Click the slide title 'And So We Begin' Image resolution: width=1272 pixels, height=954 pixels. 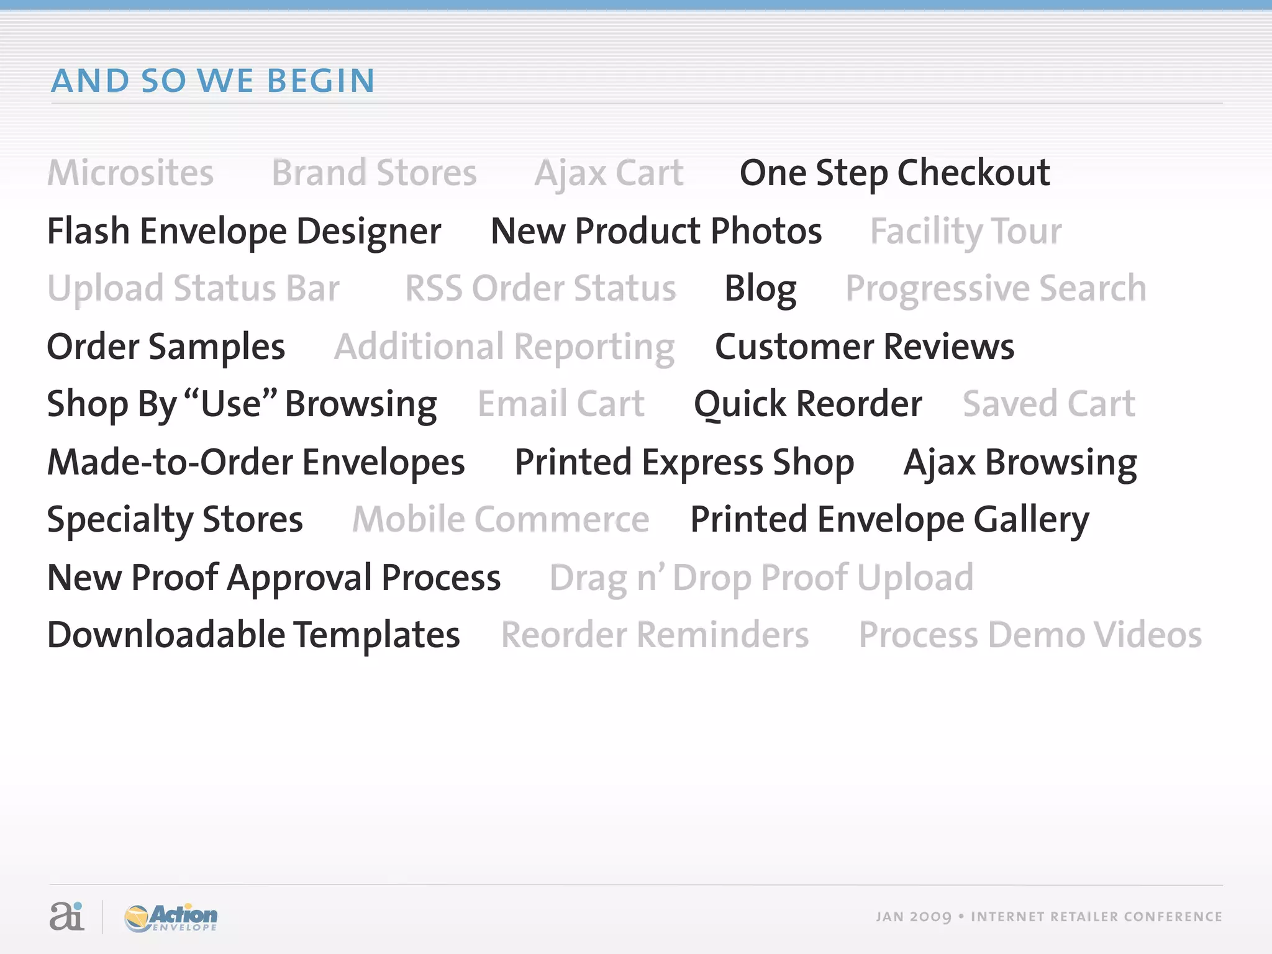[x=213, y=81]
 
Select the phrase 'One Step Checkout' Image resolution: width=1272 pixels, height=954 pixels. [x=894, y=173]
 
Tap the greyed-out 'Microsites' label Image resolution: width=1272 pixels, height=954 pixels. [x=130, y=173]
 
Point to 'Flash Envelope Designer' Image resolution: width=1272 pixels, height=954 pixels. [x=244, y=232]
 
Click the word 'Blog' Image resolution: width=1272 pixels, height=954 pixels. [x=760, y=289]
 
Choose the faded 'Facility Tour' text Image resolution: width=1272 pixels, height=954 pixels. [x=966, y=232]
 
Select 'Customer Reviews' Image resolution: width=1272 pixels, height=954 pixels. [x=865, y=347]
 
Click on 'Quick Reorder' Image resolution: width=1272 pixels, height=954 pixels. [x=807, y=404]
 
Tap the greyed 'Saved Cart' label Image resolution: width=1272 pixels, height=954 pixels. [x=1049, y=404]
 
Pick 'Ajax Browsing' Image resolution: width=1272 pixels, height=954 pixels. [x=1020, y=463]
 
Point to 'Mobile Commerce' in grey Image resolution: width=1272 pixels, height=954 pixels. [x=501, y=520]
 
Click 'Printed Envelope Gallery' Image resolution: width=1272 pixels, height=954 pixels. [x=889, y=520]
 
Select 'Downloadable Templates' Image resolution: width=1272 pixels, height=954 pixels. [x=253, y=635]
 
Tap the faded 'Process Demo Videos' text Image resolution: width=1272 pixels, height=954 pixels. [x=1030, y=635]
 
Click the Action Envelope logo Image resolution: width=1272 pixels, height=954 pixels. [x=171, y=917]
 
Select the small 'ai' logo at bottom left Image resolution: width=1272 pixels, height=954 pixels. [x=66, y=916]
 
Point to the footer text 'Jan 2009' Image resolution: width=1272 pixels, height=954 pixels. [x=913, y=917]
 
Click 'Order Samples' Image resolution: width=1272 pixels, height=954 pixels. [x=166, y=347]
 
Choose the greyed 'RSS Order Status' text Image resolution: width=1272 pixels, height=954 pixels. [x=540, y=289]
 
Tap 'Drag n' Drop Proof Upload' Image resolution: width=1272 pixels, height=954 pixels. [x=761, y=578]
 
